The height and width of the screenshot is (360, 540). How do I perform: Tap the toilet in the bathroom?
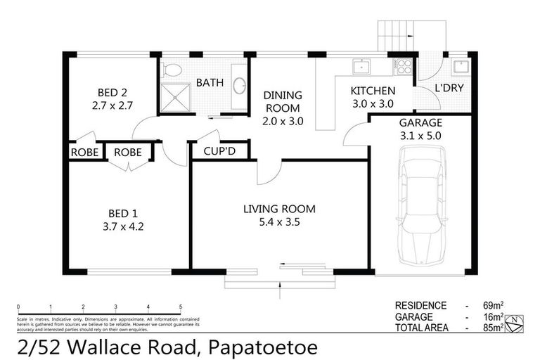point(172,70)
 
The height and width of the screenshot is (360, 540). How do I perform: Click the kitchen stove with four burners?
point(404,67)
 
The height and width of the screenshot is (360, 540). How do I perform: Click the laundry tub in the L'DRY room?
point(462,67)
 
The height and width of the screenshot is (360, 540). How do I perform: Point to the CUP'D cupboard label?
point(218,151)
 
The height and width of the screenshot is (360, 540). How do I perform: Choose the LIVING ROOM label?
point(279,209)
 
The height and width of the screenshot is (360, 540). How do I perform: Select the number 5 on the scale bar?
point(181,307)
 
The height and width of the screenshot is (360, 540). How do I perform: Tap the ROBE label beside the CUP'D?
point(128,152)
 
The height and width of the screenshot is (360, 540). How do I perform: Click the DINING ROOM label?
point(282,102)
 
